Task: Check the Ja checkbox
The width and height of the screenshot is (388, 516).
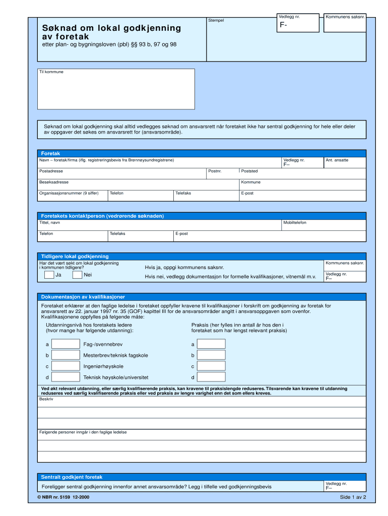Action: pyautogui.click(x=49, y=275)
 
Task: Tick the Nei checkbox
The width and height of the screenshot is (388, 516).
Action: pyautogui.click(x=77, y=275)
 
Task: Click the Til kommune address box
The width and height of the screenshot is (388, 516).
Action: pyautogui.click(x=116, y=89)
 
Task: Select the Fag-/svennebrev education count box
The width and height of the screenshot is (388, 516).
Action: pyautogui.click(x=66, y=344)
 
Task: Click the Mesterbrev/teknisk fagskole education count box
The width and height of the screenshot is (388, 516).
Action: pyautogui.click(x=66, y=355)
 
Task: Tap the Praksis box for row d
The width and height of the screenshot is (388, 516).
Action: pyautogui.click(x=211, y=377)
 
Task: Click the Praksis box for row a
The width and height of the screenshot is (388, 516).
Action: pyautogui.click(x=211, y=344)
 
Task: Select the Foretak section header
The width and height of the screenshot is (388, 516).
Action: pyautogui.click(x=50, y=153)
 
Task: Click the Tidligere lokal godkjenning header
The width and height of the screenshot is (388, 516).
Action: pyautogui.click(x=75, y=256)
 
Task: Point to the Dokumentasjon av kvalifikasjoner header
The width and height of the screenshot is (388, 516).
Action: pyautogui.click(x=83, y=297)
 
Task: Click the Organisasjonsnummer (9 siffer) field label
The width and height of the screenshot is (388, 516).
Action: pyautogui.click(x=69, y=193)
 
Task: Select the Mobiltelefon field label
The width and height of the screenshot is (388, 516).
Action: pyautogui.click(x=295, y=222)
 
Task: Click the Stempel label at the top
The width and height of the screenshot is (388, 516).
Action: pyautogui.click(x=216, y=20)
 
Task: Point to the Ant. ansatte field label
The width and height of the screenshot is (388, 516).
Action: pyautogui.click(x=337, y=160)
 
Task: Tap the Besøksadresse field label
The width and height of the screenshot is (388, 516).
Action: pyautogui.click(x=54, y=182)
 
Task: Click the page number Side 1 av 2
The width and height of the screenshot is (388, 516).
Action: pyautogui.click(x=353, y=497)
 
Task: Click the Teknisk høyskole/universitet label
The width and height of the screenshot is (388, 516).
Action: pyautogui.click(x=115, y=377)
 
